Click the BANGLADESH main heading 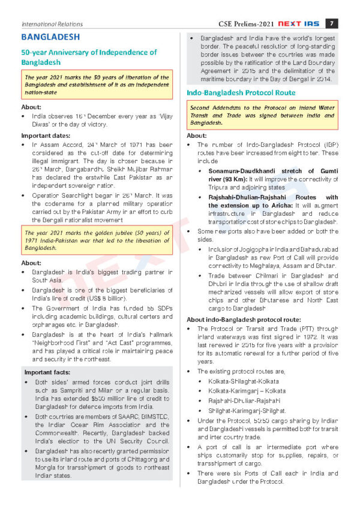click(50, 37)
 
